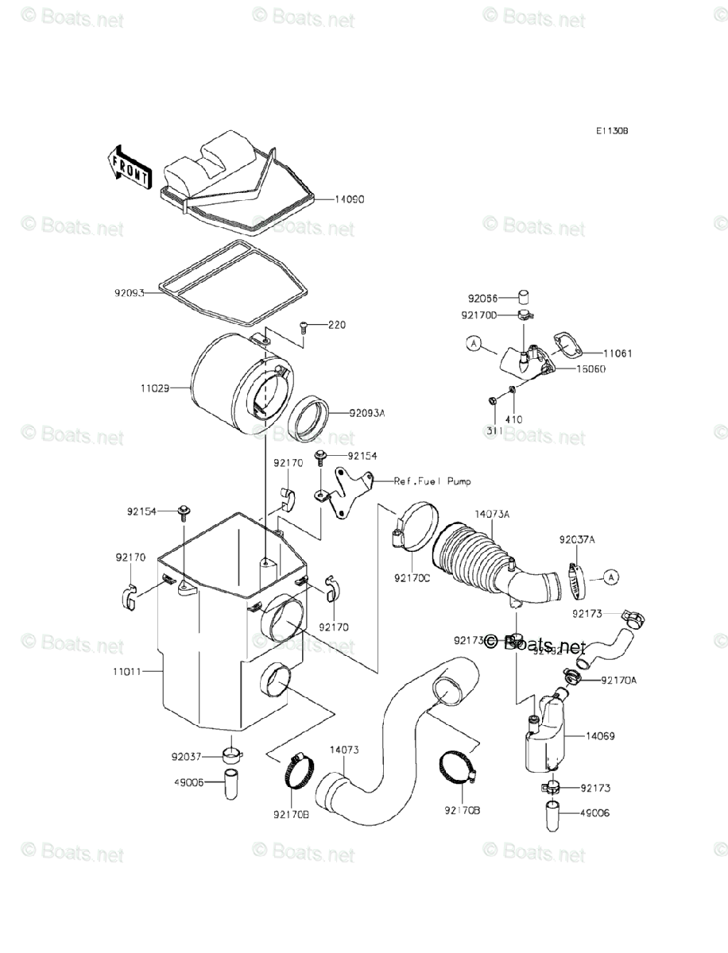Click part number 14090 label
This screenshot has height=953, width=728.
coord(349,200)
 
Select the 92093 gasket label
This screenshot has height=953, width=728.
coord(128,293)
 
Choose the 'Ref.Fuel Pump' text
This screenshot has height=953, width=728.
coord(432,481)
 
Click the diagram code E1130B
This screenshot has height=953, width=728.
coord(614,132)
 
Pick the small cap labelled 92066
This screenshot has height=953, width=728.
coord(524,297)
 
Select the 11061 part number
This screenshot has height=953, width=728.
coord(618,353)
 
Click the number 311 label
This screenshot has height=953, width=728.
coord(494,429)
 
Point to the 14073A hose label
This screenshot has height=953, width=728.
coord(492,515)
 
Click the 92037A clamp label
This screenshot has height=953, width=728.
coord(577,539)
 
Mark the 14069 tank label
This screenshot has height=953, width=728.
coord(602,735)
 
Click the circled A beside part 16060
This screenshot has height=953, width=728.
coord(474,344)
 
